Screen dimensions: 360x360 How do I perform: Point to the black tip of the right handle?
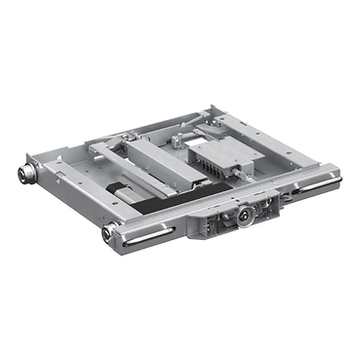pyautogui.click(x=336, y=179)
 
